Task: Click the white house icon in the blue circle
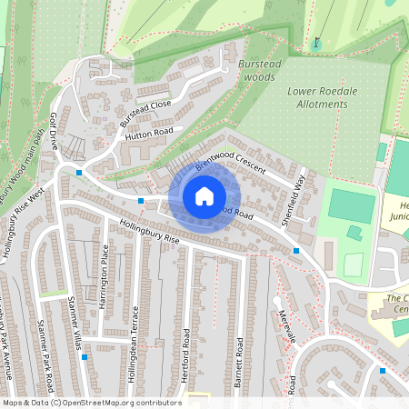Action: point(204,195)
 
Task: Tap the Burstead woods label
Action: point(255,71)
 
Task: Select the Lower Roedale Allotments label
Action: point(317,97)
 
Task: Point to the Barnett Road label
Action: point(239,363)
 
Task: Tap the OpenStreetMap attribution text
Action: point(91,403)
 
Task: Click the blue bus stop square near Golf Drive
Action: point(80,173)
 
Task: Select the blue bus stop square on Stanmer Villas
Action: point(85,357)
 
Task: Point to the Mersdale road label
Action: point(289,328)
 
